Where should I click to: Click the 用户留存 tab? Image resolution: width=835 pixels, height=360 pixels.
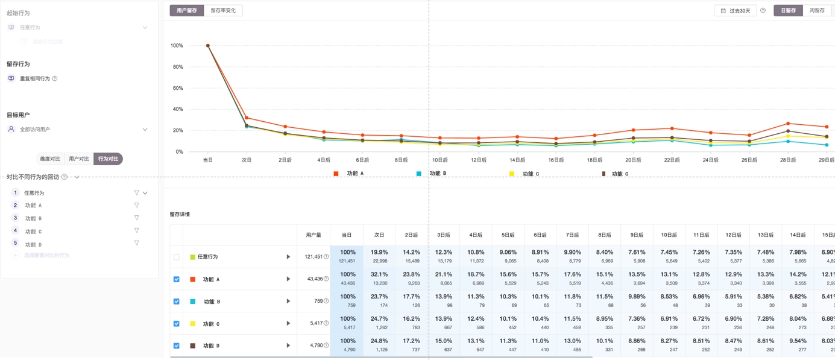[x=187, y=10]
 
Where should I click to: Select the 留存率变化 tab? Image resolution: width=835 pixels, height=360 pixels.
[x=223, y=10]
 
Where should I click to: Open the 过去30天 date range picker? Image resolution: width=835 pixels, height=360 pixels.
[x=736, y=11]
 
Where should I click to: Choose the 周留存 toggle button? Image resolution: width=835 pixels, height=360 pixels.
[x=817, y=10]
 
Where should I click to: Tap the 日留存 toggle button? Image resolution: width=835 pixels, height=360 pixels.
[x=788, y=10]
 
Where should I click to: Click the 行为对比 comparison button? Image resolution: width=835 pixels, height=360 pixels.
[x=108, y=159]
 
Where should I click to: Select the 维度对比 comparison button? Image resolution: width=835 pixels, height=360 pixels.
[x=50, y=159]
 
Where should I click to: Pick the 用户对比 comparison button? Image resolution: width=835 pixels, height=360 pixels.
[x=79, y=159]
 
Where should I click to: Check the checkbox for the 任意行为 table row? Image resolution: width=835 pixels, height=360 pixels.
[x=177, y=257]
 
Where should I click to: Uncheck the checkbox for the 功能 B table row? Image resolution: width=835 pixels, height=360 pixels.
[x=177, y=302]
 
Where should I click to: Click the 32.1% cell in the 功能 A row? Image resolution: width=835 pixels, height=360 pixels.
[x=379, y=279]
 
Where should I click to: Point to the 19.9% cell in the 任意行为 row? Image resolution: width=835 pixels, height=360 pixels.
[x=379, y=256]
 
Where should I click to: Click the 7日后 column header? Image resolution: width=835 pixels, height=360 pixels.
[x=572, y=235]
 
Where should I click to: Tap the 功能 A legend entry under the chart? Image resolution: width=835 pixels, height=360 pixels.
[x=350, y=174]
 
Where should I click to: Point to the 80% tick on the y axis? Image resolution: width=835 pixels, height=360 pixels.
[x=177, y=67]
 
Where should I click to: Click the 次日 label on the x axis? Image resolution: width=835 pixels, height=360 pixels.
[x=246, y=160]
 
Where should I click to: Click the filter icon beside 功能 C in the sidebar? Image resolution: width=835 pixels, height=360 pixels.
[x=137, y=230]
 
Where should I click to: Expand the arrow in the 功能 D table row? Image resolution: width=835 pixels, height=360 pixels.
[x=288, y=346]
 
